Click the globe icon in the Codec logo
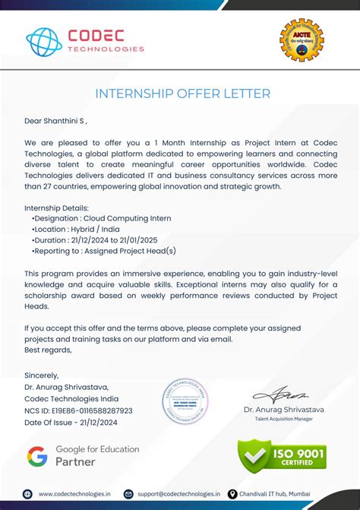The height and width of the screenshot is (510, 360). tap(44, 43)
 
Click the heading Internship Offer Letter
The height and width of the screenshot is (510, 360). tap(182, 94)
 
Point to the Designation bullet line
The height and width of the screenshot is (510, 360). tap(102, 218)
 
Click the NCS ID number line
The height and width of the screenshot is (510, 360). tap(78, 410)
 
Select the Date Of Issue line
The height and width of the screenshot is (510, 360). tap(72, 422)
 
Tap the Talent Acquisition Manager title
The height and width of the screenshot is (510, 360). tap(284, 419)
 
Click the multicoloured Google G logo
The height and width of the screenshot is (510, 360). tap(37, 456)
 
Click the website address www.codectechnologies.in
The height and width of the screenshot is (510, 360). tap(74, 494)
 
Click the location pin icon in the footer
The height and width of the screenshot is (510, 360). tap(232, 494)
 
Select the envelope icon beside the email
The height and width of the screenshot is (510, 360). tap(129, 494)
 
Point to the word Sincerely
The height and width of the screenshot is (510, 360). tap(41, 375)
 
